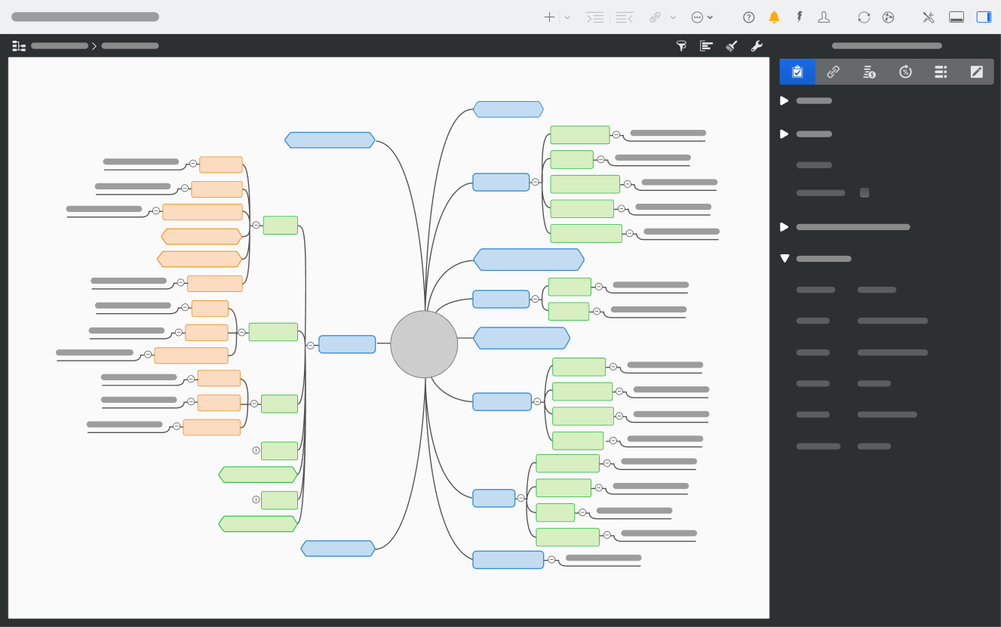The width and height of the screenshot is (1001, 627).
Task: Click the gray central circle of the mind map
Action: [x=424, y=344]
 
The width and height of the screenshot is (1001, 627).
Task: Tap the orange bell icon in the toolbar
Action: [x=774, y=17]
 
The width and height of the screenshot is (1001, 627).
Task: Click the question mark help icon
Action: [x=748, y=17]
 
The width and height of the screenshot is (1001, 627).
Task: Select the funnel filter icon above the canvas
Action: [x=681, y=46]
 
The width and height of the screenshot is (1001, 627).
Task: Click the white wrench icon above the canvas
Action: [x=757, y=46]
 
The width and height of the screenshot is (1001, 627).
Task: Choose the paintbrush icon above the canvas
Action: [x=731, y=46]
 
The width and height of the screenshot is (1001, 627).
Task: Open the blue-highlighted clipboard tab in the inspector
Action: [x=797, y=72]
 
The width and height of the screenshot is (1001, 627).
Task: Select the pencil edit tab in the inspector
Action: [x=976, y=72]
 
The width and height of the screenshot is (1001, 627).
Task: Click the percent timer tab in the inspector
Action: [x=905, y=72]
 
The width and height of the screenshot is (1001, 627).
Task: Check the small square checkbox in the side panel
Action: [x=864, y=193]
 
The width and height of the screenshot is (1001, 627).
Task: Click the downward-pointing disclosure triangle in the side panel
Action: [x=785, y=259]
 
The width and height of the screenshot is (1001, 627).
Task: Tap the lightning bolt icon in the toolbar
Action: [x=799, y=17]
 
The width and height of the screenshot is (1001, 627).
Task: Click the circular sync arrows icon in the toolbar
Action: [x=864, y=17]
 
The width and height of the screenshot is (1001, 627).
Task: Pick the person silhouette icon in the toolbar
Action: [x=824, y=17]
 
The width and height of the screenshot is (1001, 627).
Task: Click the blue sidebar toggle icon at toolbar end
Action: [x=984, y=17]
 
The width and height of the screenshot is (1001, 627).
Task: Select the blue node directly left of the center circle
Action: [x=347, y=345]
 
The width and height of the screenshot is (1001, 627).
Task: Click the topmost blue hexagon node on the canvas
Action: [x=508, y=109]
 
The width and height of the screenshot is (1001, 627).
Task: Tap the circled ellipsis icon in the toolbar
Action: [x=697, y=17]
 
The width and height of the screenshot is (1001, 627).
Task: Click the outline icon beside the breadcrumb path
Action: [x=19, y=46]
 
